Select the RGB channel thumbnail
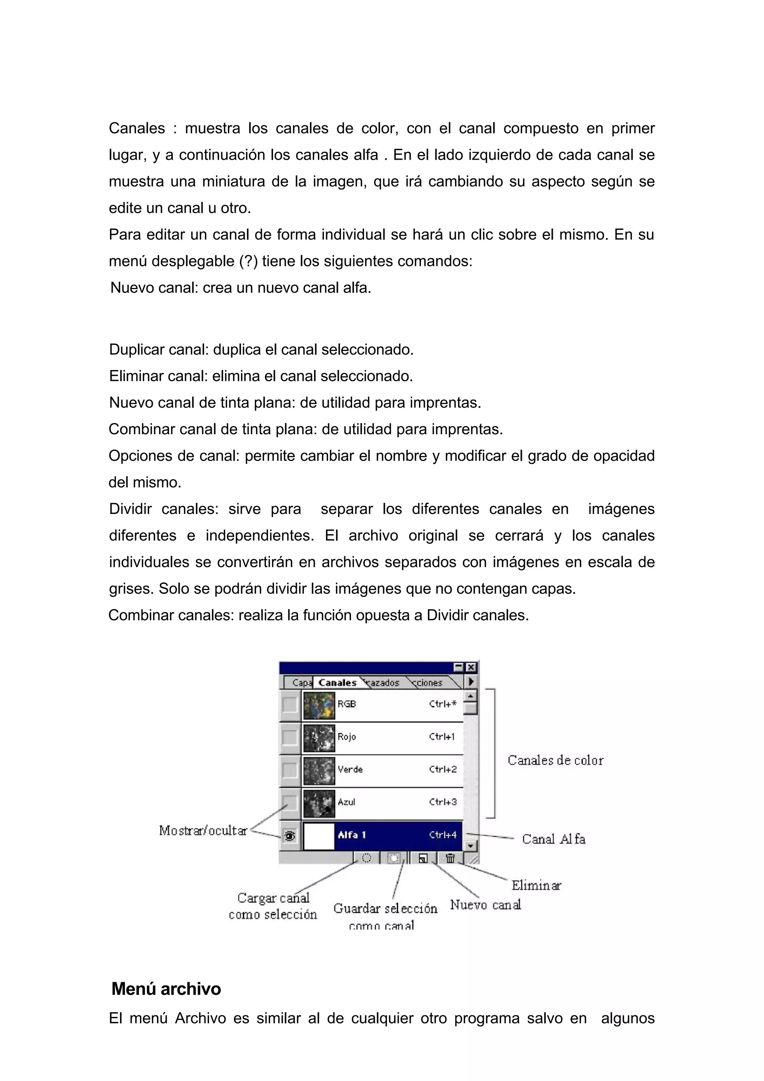[x=319, y=705]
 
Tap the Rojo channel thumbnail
[x=319, y=738]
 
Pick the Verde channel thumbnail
[x=319, y=771]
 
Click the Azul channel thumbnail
[x=319, y=803]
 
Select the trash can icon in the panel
[x=450, y=858]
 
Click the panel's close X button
[x=471, y=667]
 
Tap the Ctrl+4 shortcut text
[x=442, y=835]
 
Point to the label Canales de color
[x=555, y=760]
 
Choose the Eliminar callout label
[x=536, y=885]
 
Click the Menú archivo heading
[x=166, y=989]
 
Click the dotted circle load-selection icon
[x=366, y=858]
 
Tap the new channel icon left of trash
[x=423, y=858]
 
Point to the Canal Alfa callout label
[x=554, y=839]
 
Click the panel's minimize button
[x=458, y=667]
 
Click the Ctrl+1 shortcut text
[x=442, y=737]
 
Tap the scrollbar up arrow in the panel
[x=471, y=695]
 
